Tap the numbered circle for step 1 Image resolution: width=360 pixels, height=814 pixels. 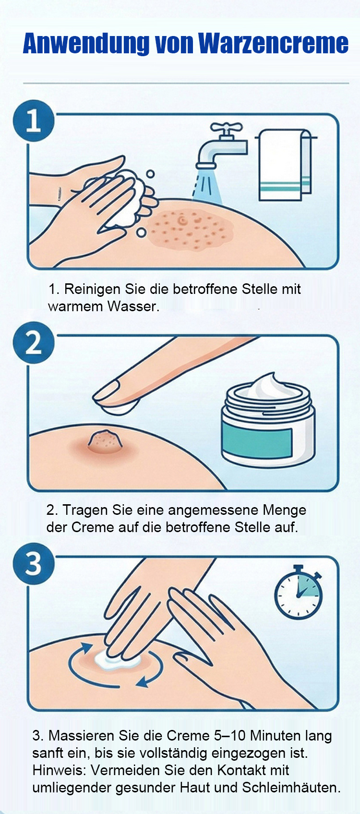pyautogui.click(x=34, y=121)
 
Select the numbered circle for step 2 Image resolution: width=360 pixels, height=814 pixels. pyautogui.click(x=34, y=343)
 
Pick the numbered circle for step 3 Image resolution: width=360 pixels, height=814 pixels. pyautogui.click(x=34, y=564)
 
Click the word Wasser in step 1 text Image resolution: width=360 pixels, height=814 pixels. pyautogui.click(x=133, y=306)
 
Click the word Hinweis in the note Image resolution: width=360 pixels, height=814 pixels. pyautogui.click(x=60, y=770)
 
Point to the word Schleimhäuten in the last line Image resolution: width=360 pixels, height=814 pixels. pyautogui.click(x=291, y=788)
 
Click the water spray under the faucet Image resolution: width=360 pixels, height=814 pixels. pyautogui.click(x=207, y=185)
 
